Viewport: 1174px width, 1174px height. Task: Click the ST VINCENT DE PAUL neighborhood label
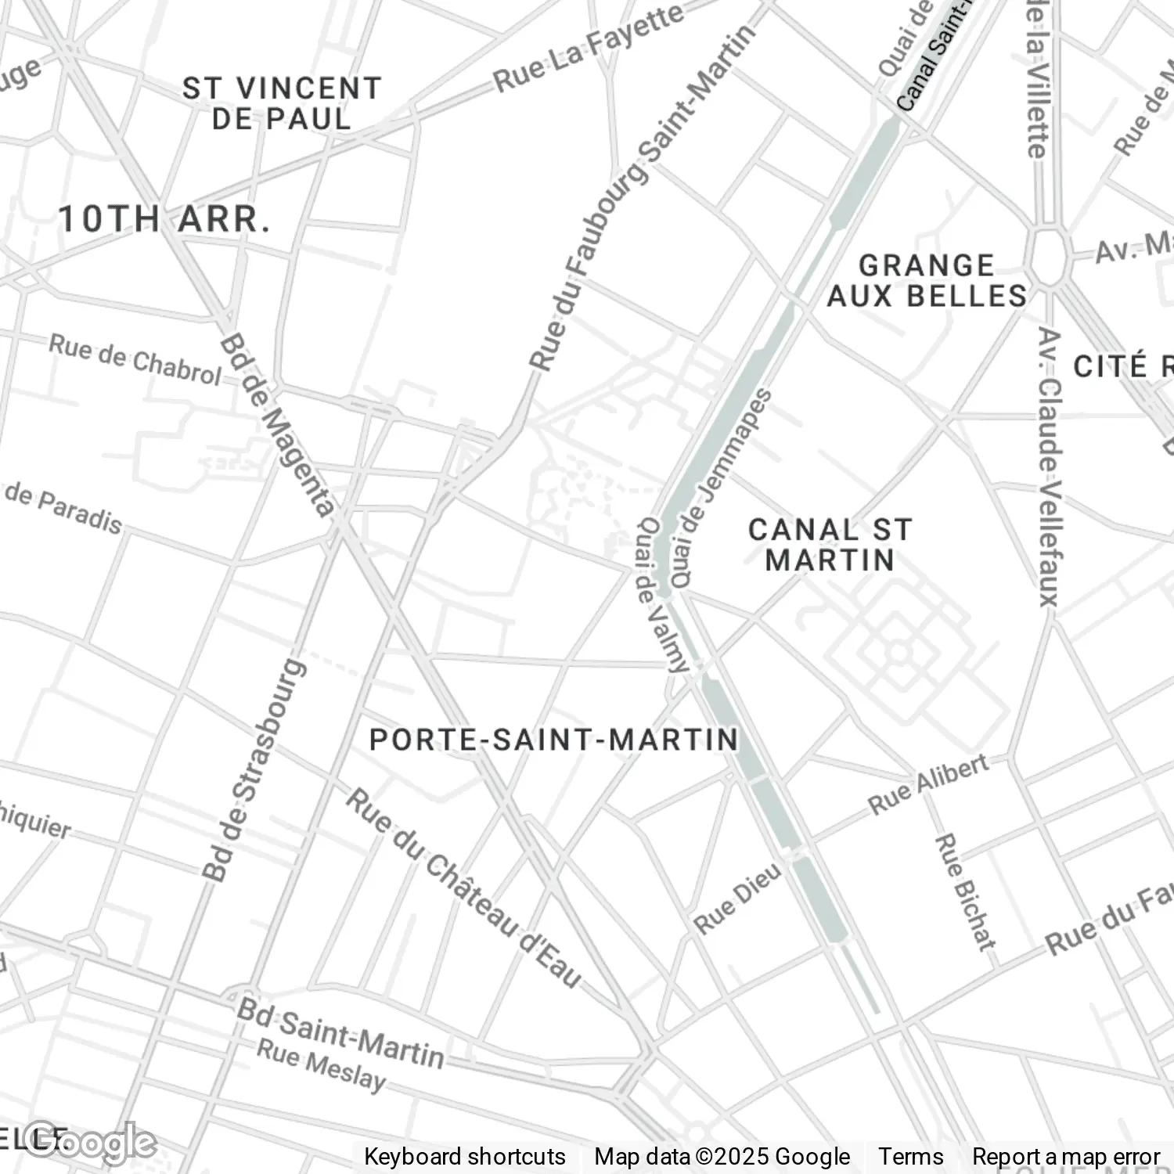tap(282, 103)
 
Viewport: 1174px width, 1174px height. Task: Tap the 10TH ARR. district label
tap(164, 219)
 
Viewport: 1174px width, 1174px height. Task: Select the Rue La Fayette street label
tap(589, 49)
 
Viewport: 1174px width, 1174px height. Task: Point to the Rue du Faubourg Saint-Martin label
tap(642, 196)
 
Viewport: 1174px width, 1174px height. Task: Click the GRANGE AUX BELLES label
tap(927, 281)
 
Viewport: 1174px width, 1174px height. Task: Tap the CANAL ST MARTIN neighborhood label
tap(830, 545)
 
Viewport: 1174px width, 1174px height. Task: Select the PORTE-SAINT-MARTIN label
tap(554, 740)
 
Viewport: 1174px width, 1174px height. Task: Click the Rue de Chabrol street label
tap(135, 360)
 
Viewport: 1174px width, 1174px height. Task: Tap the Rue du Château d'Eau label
tap(464, 888)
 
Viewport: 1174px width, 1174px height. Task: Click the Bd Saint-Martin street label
tap(340, 1032)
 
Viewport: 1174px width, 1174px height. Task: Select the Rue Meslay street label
tap(322, 1065)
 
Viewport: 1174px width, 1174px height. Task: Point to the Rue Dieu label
tap(737, 898)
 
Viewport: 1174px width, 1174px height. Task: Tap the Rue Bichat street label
tap(965, 892)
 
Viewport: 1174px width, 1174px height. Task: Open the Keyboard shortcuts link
tap(464, 1157)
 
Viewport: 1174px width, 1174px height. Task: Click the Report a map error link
tap(1065, 1157)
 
